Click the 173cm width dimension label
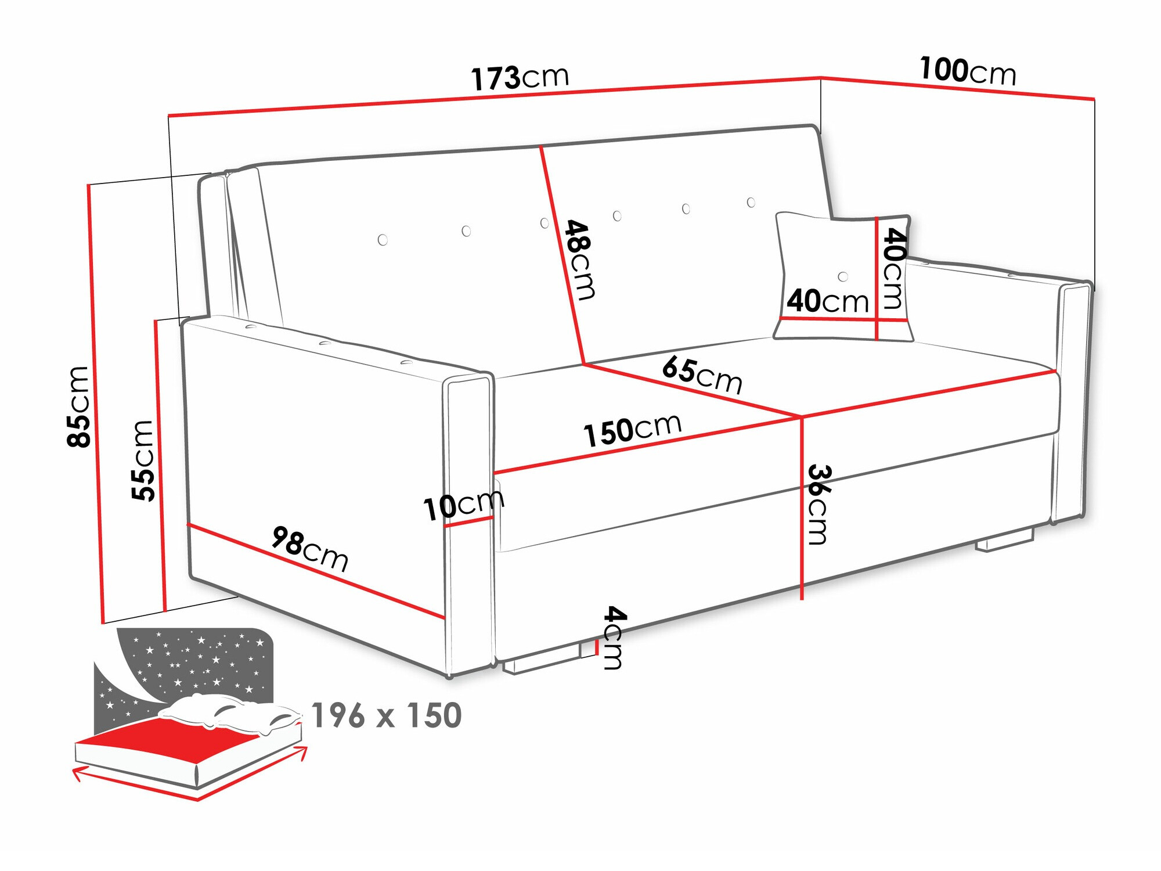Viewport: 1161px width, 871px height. click(x=520, y=78)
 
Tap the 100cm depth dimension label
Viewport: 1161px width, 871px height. click(x=968, y=71)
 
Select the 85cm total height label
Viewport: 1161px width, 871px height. click(x=79, y=406)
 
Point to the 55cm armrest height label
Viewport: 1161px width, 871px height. click(x=143, y=460)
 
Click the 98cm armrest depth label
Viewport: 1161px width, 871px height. click(x=310, y=549)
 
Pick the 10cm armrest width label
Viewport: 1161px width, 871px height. click(x=463, y=505)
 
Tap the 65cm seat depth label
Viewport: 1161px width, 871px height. click(x=702, y=375)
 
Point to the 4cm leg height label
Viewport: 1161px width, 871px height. click(x=614, y=637)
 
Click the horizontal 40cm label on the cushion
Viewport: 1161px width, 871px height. click(x=827, y=301)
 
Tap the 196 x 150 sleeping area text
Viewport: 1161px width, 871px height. click(x=387, y=715)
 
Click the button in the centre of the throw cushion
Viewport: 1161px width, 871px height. click(x=843, y=276)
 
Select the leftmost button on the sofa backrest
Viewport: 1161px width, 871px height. click(x=383, y=240)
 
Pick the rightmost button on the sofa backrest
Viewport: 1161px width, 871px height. click(x=751, y=202)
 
